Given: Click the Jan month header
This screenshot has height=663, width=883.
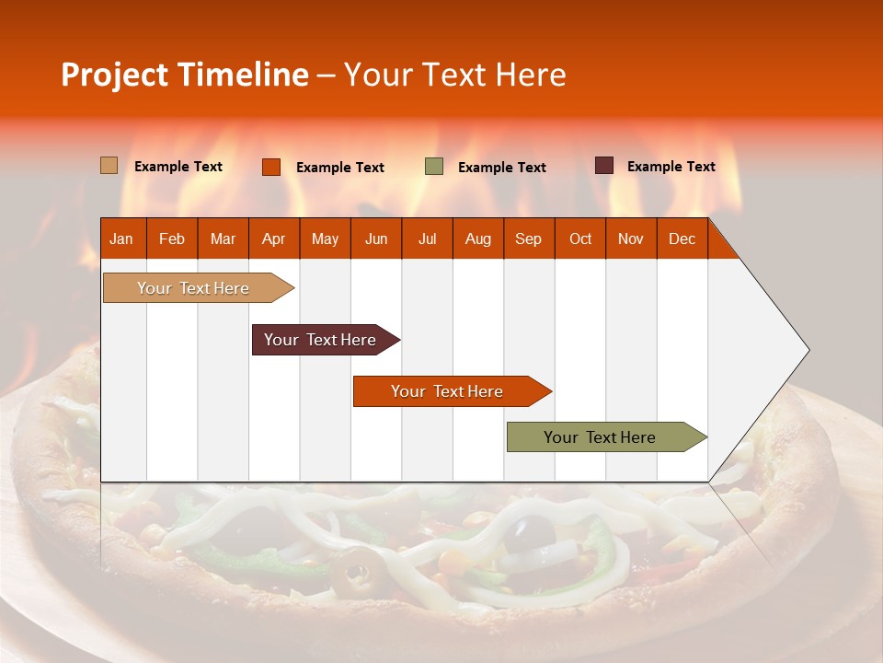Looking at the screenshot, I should (x=121, y=238).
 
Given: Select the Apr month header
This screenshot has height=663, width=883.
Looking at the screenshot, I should (x=274, y=238).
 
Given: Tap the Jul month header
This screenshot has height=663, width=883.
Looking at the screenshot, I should (x=427, y=238).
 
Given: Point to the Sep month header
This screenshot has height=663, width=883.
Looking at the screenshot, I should (x=528, y=238).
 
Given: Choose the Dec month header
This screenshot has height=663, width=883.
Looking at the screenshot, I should (x=682, y=238).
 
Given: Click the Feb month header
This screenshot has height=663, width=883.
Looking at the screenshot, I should (x=172, y=238).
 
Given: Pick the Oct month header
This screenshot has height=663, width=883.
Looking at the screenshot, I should (x=580, y=238).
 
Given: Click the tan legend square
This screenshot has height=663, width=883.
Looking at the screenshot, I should (x=109, y=166).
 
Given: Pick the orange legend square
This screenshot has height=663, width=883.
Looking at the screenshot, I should (x=271, y=167).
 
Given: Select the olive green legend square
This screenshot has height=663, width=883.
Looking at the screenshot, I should (x=434, y=167).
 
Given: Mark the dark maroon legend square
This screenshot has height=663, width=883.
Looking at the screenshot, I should (x=604, y=166).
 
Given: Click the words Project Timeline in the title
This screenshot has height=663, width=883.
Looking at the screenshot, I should (x=185, y=75).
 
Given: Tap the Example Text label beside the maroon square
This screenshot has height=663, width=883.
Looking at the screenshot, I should (x=671, y=167).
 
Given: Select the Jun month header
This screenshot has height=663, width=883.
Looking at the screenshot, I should (x=376, y=238).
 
